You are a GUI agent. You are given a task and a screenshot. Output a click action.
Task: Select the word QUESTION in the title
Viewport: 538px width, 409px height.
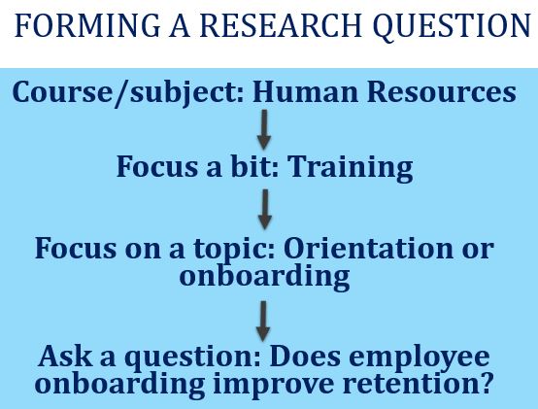click(x=453, y=26)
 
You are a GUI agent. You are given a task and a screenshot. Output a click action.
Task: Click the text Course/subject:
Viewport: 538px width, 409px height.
click(x=128, y=93)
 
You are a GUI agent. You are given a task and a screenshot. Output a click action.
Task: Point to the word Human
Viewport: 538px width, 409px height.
click(x=306, y=91)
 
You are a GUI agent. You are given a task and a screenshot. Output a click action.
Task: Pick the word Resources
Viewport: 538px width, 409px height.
click(x=442, y=91)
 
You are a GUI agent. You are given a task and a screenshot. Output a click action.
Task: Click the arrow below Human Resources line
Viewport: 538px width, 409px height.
click(x=264, y=130)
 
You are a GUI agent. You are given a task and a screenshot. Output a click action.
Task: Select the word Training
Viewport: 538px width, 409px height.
click(x=351, y=167)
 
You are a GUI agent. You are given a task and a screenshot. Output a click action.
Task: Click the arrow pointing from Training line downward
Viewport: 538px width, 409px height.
click(x=265, y=209)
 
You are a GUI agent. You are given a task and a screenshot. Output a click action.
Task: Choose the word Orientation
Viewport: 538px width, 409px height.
click(x=368, y=248)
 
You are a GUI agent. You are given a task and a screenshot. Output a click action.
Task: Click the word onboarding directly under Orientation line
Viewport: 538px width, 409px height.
click(x=264, y=277)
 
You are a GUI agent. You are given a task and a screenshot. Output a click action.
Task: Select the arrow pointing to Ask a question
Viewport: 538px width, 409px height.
click(x=263, y=322)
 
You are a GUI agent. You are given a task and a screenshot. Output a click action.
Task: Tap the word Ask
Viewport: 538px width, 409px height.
click(x=65, y=357)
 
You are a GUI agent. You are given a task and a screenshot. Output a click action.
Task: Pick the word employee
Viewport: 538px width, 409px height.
click(x=420, y=358)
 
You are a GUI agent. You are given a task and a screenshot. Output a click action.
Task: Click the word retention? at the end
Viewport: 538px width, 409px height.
click(x=418, y=383)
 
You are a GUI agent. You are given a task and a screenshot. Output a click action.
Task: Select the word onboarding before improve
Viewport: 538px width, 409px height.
click(x=119, y=386)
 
